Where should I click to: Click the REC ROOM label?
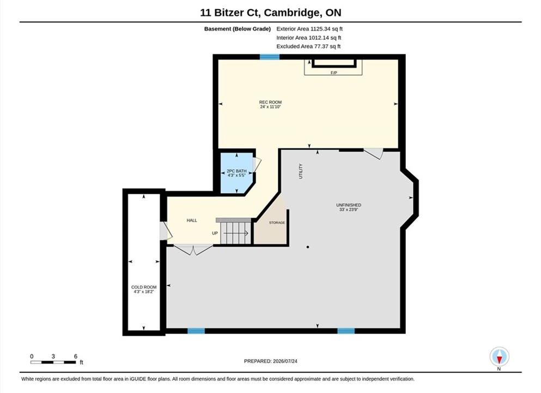(x=270, y=102)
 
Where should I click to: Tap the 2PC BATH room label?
(x=236, y=171)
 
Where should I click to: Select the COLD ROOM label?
(x=144, y=287)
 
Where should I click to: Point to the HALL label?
(x=192, y=221)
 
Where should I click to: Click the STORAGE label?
(x=277, y=223)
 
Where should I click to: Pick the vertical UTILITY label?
(x=301, y=171)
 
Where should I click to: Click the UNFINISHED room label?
(x=349, y=205)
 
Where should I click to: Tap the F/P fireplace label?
(x=333, y=73)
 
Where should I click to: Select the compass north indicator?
(x=499, y=357)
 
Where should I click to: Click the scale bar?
(x=53, y=362)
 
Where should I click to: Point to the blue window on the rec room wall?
(x=270, y=57)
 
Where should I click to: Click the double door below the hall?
(x=193, y=249)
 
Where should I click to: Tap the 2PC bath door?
(x=257, y=165)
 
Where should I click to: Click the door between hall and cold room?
(x=166, y=230)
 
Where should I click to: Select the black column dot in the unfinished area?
(x=308, y=247)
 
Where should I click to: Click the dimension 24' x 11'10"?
(x=270, y=107)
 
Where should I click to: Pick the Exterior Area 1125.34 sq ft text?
(x=309, y=29)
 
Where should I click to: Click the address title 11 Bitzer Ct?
(x=231, y=13)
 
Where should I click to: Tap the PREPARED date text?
(x=270, y=361)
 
